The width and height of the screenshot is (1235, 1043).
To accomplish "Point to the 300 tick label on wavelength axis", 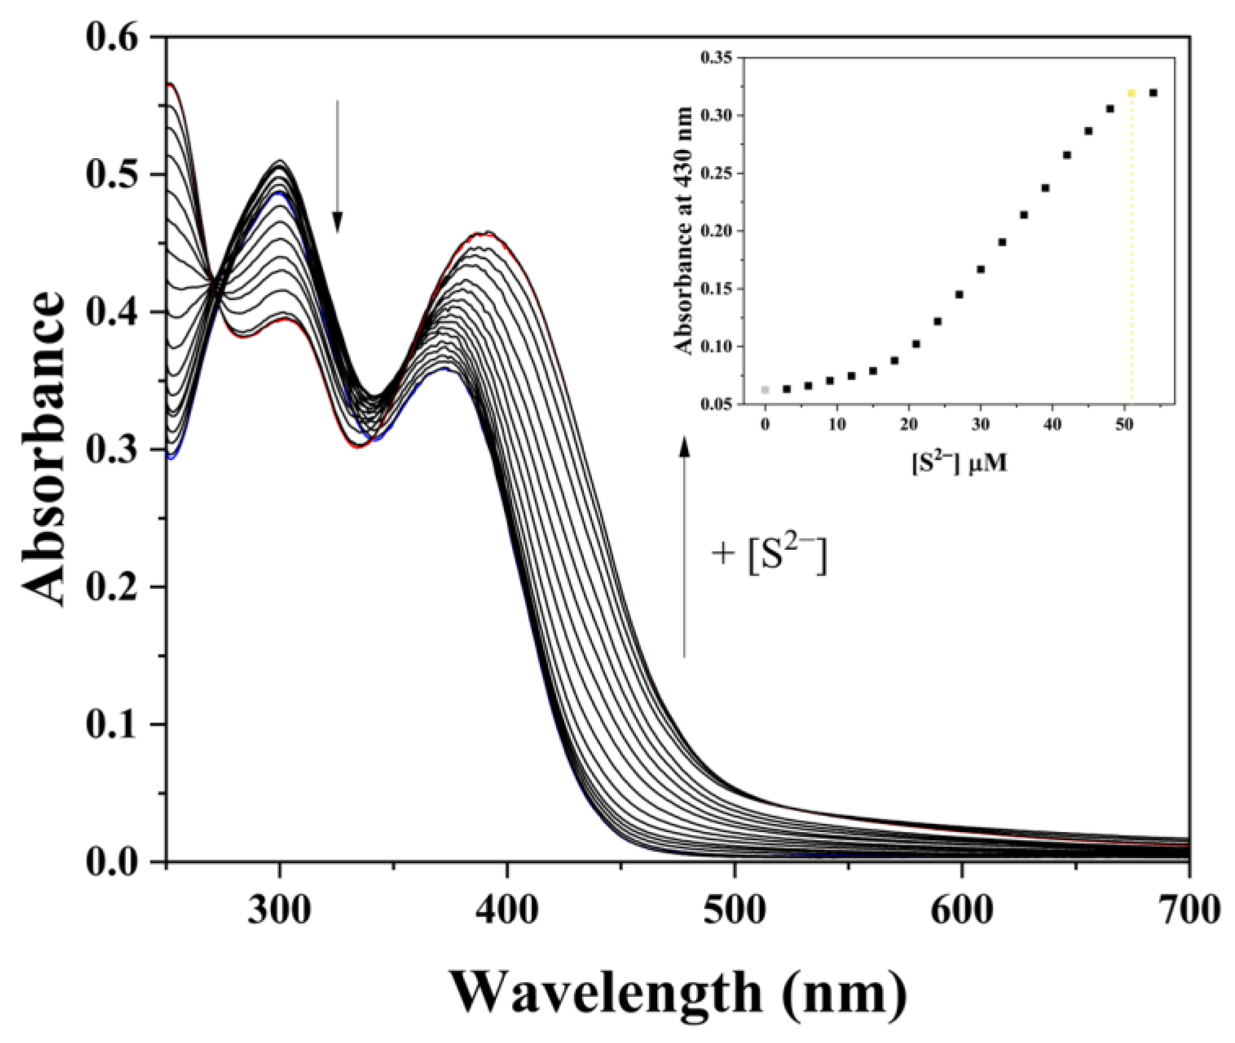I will pyautogui.click(x=279, y=911).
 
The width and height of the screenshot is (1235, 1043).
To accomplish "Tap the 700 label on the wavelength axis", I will pyautogui.click(x=1188, y=911).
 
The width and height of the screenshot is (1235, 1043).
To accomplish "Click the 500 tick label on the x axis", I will pyautogui.click(x=734, y=911).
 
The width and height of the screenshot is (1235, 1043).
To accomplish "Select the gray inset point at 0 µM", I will pyautogui.click(x=765, y=389).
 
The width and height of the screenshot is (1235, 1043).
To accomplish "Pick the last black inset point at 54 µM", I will pyautogui.click(x=1153, y=93).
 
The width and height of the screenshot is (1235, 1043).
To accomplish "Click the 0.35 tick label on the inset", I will pyautogui.click(x=716, y=58).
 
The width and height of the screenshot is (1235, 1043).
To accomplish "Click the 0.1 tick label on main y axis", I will pyautogui.click(x=112, y=724).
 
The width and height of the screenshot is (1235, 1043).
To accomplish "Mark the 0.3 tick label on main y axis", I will pyautogui.click(x=112, y=449).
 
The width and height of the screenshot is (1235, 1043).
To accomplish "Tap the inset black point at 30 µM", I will pyautogui.click(x=980, y=269).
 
